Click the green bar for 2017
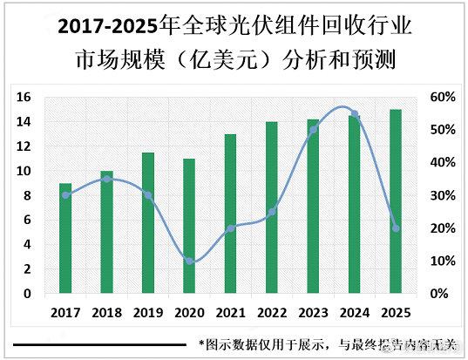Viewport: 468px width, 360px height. pyautogui.click(x=65, y=239)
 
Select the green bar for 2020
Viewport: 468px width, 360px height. pyautogui.click(x=189, y=227)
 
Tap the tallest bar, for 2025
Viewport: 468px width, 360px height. pyautogui.click(x=396, y=201)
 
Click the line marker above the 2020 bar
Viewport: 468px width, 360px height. pyautogui.click(x=189, y=261)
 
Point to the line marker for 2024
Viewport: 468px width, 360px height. pyautogui.click(x=355, y=113)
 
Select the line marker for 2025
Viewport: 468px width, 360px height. pyautogui.click(x=396, y=228)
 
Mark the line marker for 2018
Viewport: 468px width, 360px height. pyautogui.click(x=106, y=179)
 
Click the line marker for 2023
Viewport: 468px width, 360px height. pyautogui.click(x=313, y=130)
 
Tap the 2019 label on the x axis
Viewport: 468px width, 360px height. pyautogui.click(x=147, y=311)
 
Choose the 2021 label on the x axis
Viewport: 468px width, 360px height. pyautogui.click(x=230, y=311)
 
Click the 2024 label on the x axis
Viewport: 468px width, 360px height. pyautogui.click(x=355, y=311)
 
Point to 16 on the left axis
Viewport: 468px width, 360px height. pyautogui.click(x=24, y=97)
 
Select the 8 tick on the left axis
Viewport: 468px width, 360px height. pyautogui.click(x=27, y=195)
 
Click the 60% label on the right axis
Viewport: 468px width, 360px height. pyautogui.click(x=443, y=97)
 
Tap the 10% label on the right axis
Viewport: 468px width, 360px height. pyautogui.click(x=443, y=261)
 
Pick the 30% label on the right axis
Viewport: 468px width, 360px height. pyautogui.click(x=443, y=195)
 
